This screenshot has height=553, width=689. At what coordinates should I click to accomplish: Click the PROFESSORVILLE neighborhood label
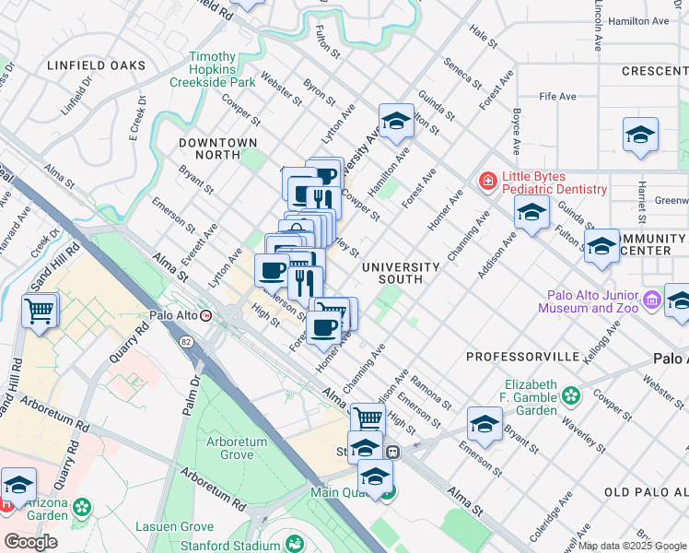click(x=523, y=356)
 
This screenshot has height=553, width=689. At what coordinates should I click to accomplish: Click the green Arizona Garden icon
click(x=82, y=507)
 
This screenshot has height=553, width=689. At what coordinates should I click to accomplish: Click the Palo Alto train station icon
click(x=206, y=315)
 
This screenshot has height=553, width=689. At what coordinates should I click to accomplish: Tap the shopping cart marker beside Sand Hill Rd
click(x=40, y=312)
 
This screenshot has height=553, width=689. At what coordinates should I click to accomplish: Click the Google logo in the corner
click(x=30, y=541)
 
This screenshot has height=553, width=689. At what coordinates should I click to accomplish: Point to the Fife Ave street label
click(x=557, y=96)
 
